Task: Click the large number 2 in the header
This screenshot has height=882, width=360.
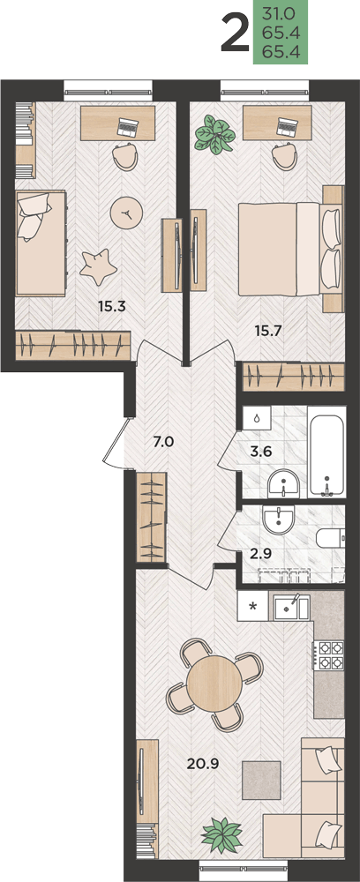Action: [x=235, y=34]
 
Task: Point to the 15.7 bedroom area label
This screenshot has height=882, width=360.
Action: [x=268, y=331]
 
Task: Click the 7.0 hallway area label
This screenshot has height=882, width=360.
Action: [x=165, y=441]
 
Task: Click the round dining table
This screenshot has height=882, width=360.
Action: [x=214, y=684]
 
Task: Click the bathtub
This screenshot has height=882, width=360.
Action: [x=326, y=456]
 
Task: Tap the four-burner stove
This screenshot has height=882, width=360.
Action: [x=331, y=654]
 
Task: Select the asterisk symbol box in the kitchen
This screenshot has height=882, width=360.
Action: [x=253, y=606]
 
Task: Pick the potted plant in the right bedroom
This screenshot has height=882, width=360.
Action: [x=214, y=134]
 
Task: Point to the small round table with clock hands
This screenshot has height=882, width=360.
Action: [x=127, y=212]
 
